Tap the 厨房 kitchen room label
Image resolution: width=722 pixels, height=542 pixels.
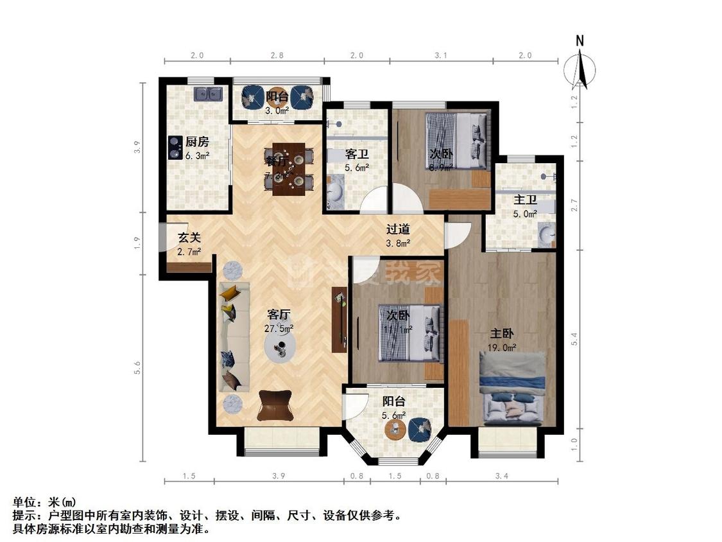(x=197, y=142)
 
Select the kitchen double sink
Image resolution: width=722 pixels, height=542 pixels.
(x=209, y=94)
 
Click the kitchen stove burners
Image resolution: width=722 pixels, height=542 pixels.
(x=174, y=148)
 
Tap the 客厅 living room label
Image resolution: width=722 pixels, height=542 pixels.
(x=279, y=314)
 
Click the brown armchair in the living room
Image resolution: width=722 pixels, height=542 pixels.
(x=275, y=405)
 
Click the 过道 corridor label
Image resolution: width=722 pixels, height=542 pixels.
(x=398, y=229)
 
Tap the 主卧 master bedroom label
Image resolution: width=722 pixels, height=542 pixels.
(x=502, y=334)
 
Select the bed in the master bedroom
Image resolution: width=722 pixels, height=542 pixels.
(x=512, y=389)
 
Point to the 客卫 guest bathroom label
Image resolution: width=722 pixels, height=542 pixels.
(x=357, y=155)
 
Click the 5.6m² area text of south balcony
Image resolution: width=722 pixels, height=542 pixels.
(x=394, y=415)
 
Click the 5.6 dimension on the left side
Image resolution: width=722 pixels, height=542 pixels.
(x=137, y=367)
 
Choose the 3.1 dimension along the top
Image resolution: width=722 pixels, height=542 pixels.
(x=440, y=55)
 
